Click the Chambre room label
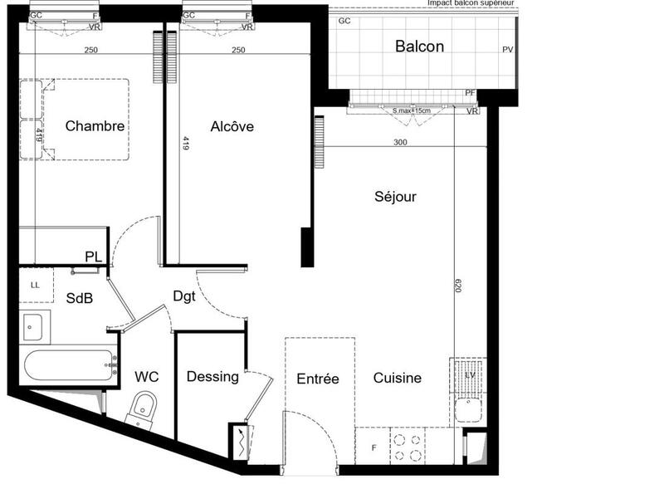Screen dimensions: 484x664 [x=95, y=127]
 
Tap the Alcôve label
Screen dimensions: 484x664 [x=232, y=127]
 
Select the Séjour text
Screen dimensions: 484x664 [x=394, y=197]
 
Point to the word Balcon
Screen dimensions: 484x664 [x=418, y=46]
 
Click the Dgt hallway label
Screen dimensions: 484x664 [x=184, y=296]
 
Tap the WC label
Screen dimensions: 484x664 [x=146, y=377]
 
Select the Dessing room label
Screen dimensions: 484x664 [x=212, y=377]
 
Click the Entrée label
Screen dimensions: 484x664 [x=318, y=379]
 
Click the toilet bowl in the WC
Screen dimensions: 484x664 [x=144, y=408]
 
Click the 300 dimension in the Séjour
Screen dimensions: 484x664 [x=400, y=142]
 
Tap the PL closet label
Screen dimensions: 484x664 [x=93, y=257]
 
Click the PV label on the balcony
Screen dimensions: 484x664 [x=508, y=50]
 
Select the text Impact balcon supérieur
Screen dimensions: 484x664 [x=470, y=3]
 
